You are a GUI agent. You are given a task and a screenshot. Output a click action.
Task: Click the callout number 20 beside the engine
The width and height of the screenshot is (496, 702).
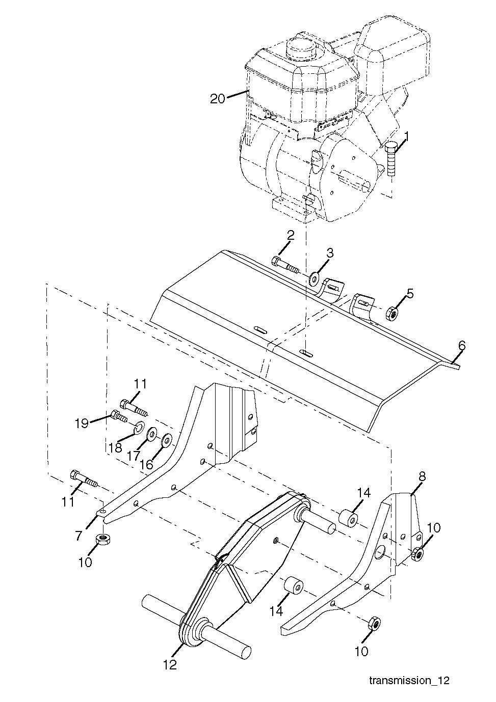[217, 99]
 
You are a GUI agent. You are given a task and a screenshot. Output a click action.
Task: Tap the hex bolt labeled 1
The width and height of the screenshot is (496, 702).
[391, 159]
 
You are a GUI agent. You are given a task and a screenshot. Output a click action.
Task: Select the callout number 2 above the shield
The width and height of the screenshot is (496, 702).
[291, 236]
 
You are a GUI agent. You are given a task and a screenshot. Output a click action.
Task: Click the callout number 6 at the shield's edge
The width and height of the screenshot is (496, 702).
[461, 346]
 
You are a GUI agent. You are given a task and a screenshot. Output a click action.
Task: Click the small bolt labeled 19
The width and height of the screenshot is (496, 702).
[119, 416]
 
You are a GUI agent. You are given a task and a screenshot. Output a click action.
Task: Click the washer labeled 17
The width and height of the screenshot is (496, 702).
[152, 434]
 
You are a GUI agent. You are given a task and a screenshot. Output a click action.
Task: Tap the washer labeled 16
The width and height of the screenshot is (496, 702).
[166, 440]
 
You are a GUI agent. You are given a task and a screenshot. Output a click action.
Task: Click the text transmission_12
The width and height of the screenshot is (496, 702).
[409, 689]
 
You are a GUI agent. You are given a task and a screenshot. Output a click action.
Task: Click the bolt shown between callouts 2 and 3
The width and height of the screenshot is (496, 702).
[285, 264]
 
